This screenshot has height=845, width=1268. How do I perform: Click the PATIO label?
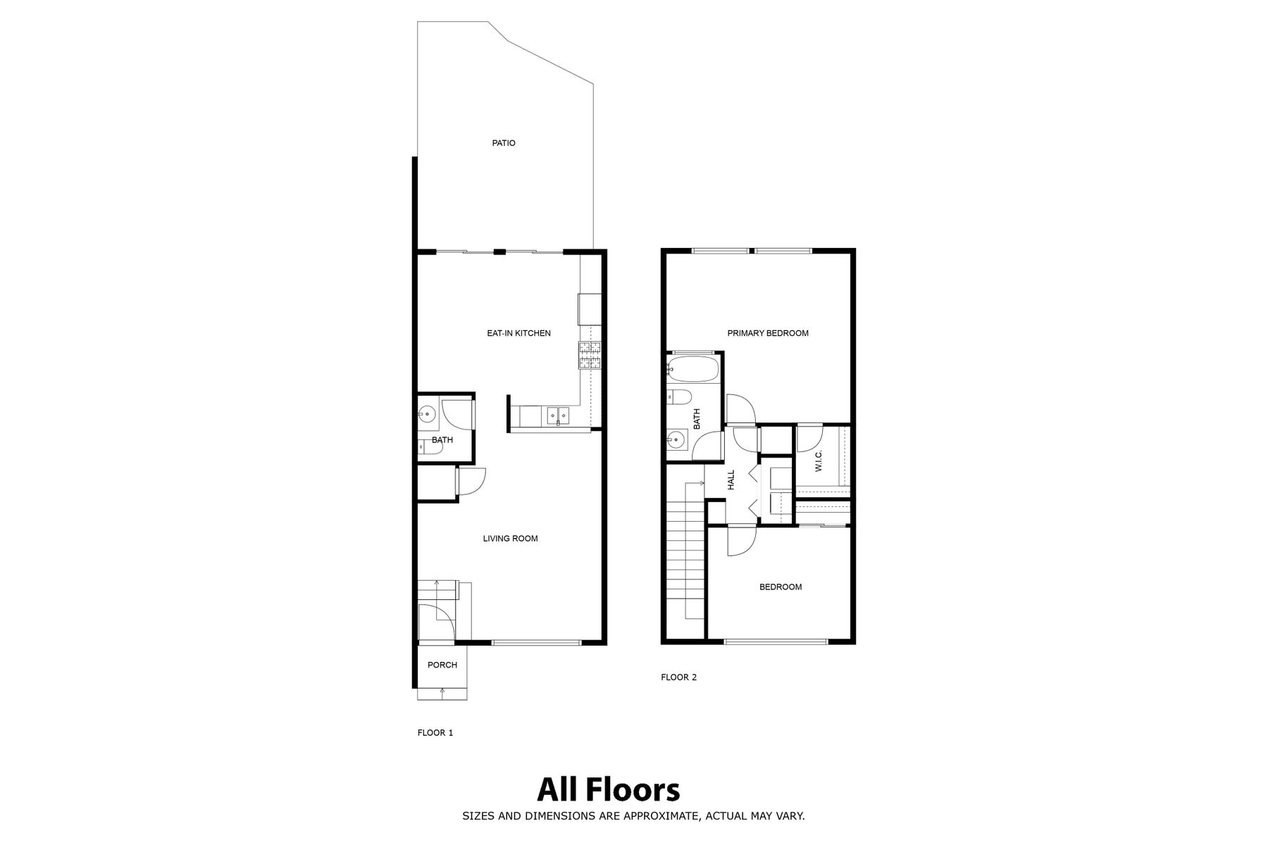[x=504, y=143]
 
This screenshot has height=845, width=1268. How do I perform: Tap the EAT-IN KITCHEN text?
[x=519, y=333]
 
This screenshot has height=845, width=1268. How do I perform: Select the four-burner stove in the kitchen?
[x=590, y=355]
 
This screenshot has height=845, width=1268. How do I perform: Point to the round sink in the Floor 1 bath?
[x=426, y=414]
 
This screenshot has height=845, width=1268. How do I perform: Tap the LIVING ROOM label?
[x=511, y=539]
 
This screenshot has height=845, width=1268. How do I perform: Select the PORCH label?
[x=442, y=665]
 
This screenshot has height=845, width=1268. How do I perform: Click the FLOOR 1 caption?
[x=435, y=733]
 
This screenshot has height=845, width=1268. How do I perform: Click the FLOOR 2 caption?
[x=679, y=677]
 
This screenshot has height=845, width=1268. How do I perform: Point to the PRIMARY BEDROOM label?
[x=768, y=333]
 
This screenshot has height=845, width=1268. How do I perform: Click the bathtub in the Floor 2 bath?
[x=692, y=368]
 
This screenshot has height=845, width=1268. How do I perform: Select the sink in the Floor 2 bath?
[x=676, y=441]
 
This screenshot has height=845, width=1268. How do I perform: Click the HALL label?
[x=731, y=480]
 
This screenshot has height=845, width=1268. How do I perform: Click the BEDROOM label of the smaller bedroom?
[x=781, y=587]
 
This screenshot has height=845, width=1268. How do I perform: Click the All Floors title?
[x=609, y=789]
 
